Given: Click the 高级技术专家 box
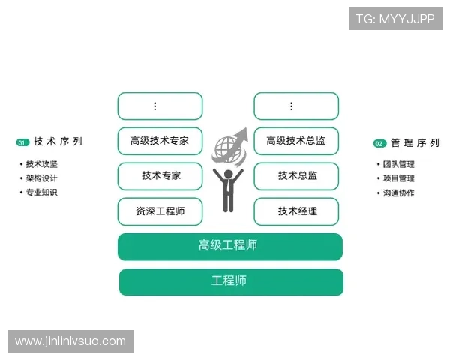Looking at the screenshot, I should pos(160,141).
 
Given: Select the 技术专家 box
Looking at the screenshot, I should pos(160,176).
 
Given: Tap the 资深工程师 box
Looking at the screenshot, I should pos(160,211).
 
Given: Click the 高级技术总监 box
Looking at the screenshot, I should pos(296,141).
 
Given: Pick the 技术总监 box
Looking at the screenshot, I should pos(296,176).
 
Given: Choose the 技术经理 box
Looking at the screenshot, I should pos(296,211).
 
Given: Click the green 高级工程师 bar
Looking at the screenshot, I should pos(230,246).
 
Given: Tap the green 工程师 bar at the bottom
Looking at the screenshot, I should pos(231,281).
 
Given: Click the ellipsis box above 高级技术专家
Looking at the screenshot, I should pos(160,106).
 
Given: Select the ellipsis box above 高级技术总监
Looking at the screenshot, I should pos(296,106).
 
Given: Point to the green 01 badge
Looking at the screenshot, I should pos(22,142).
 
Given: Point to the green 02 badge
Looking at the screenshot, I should pos(379,143).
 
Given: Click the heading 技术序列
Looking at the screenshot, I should pos(58,142).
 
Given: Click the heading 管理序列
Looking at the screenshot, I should pos(415,142).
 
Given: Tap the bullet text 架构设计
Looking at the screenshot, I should pos(42,178).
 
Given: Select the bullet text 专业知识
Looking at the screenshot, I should pos(42,193).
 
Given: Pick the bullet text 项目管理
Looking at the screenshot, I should pos(398,178).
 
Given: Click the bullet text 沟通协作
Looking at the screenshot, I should pos(398,193).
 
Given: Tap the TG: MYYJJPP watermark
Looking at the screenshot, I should pos(395,18).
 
